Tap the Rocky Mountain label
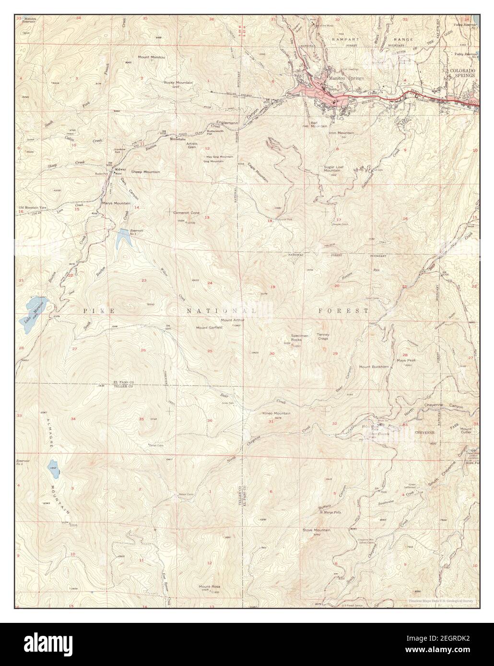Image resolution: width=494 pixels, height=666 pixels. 178,82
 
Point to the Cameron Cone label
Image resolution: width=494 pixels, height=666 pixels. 186,212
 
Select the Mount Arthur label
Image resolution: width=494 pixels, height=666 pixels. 233,320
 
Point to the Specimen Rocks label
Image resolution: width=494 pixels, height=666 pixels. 295,338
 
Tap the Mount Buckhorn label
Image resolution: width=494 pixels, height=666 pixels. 374,367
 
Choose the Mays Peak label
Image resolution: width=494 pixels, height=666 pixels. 405,360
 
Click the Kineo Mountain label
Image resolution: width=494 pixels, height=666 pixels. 276,413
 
